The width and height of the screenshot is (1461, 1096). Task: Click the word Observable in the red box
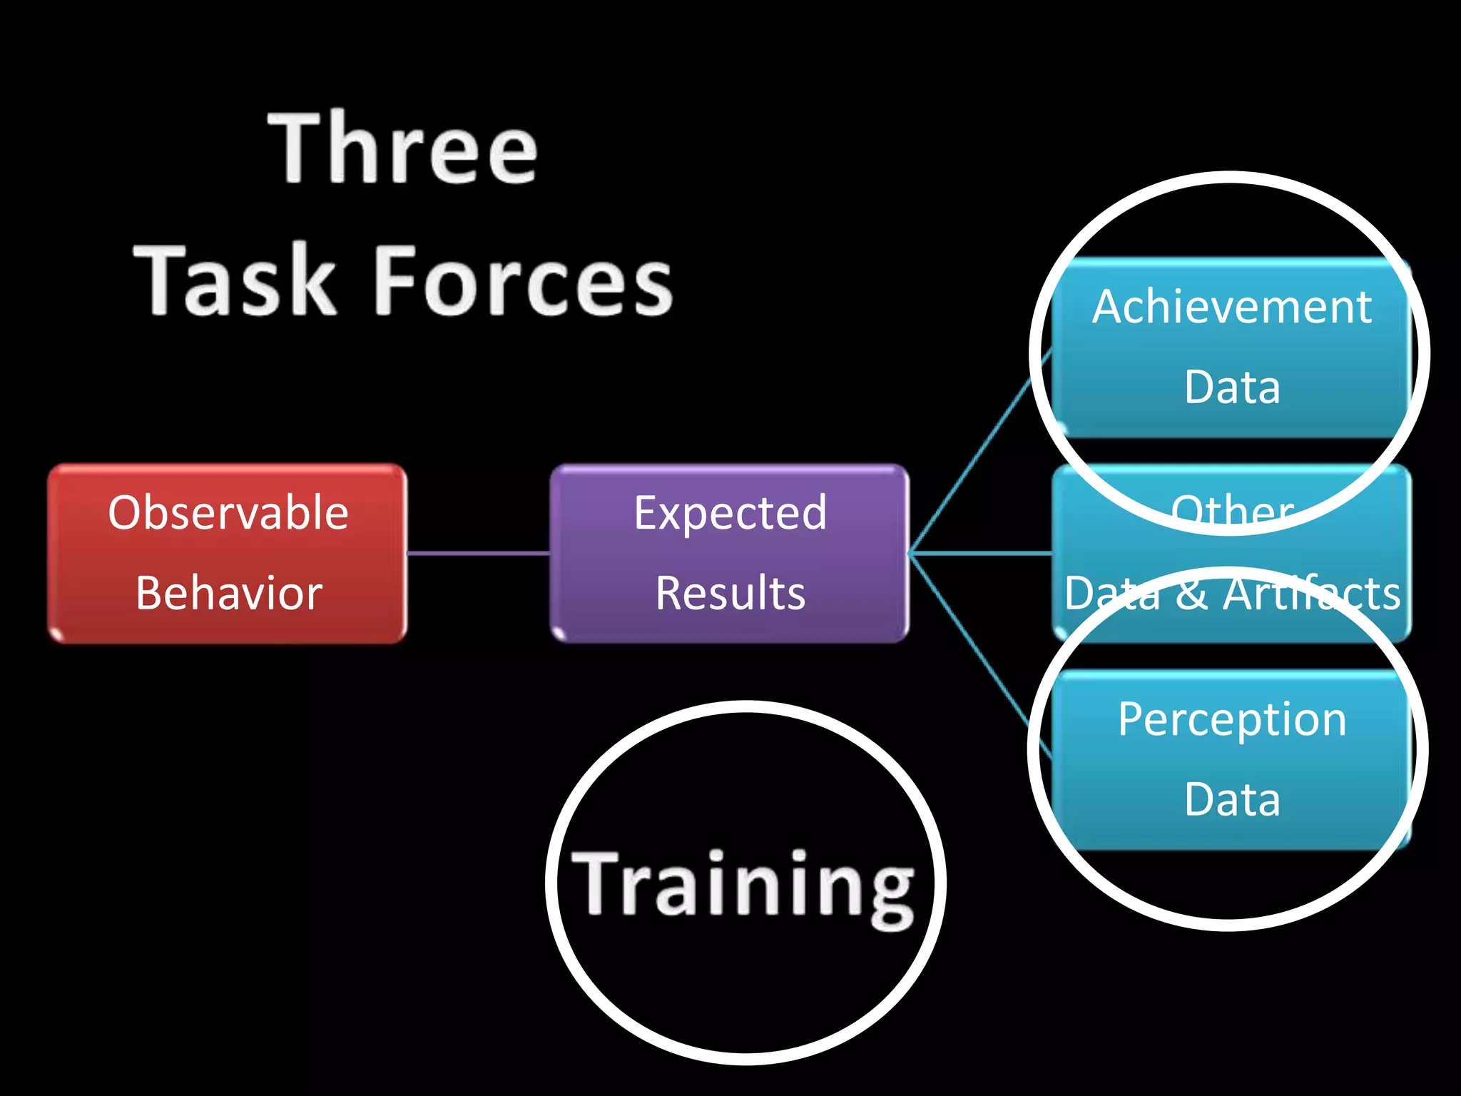(228, 512)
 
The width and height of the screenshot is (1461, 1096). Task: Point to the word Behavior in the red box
(228, 593)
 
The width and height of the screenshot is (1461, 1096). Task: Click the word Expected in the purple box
(730, 512)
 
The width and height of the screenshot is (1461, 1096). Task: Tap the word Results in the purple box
(730, 593)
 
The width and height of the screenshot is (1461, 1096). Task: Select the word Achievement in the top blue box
(1232, 307)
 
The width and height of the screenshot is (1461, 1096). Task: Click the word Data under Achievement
(1232, 387)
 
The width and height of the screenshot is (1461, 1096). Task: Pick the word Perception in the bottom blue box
(1232, 719)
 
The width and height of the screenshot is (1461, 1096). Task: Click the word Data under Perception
(1232, 799)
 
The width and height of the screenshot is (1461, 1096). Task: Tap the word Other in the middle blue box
(1232, 511)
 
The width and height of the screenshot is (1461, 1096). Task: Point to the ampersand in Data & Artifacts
(1191, 594)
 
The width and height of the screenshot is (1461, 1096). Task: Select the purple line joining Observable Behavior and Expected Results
(478, 553)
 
